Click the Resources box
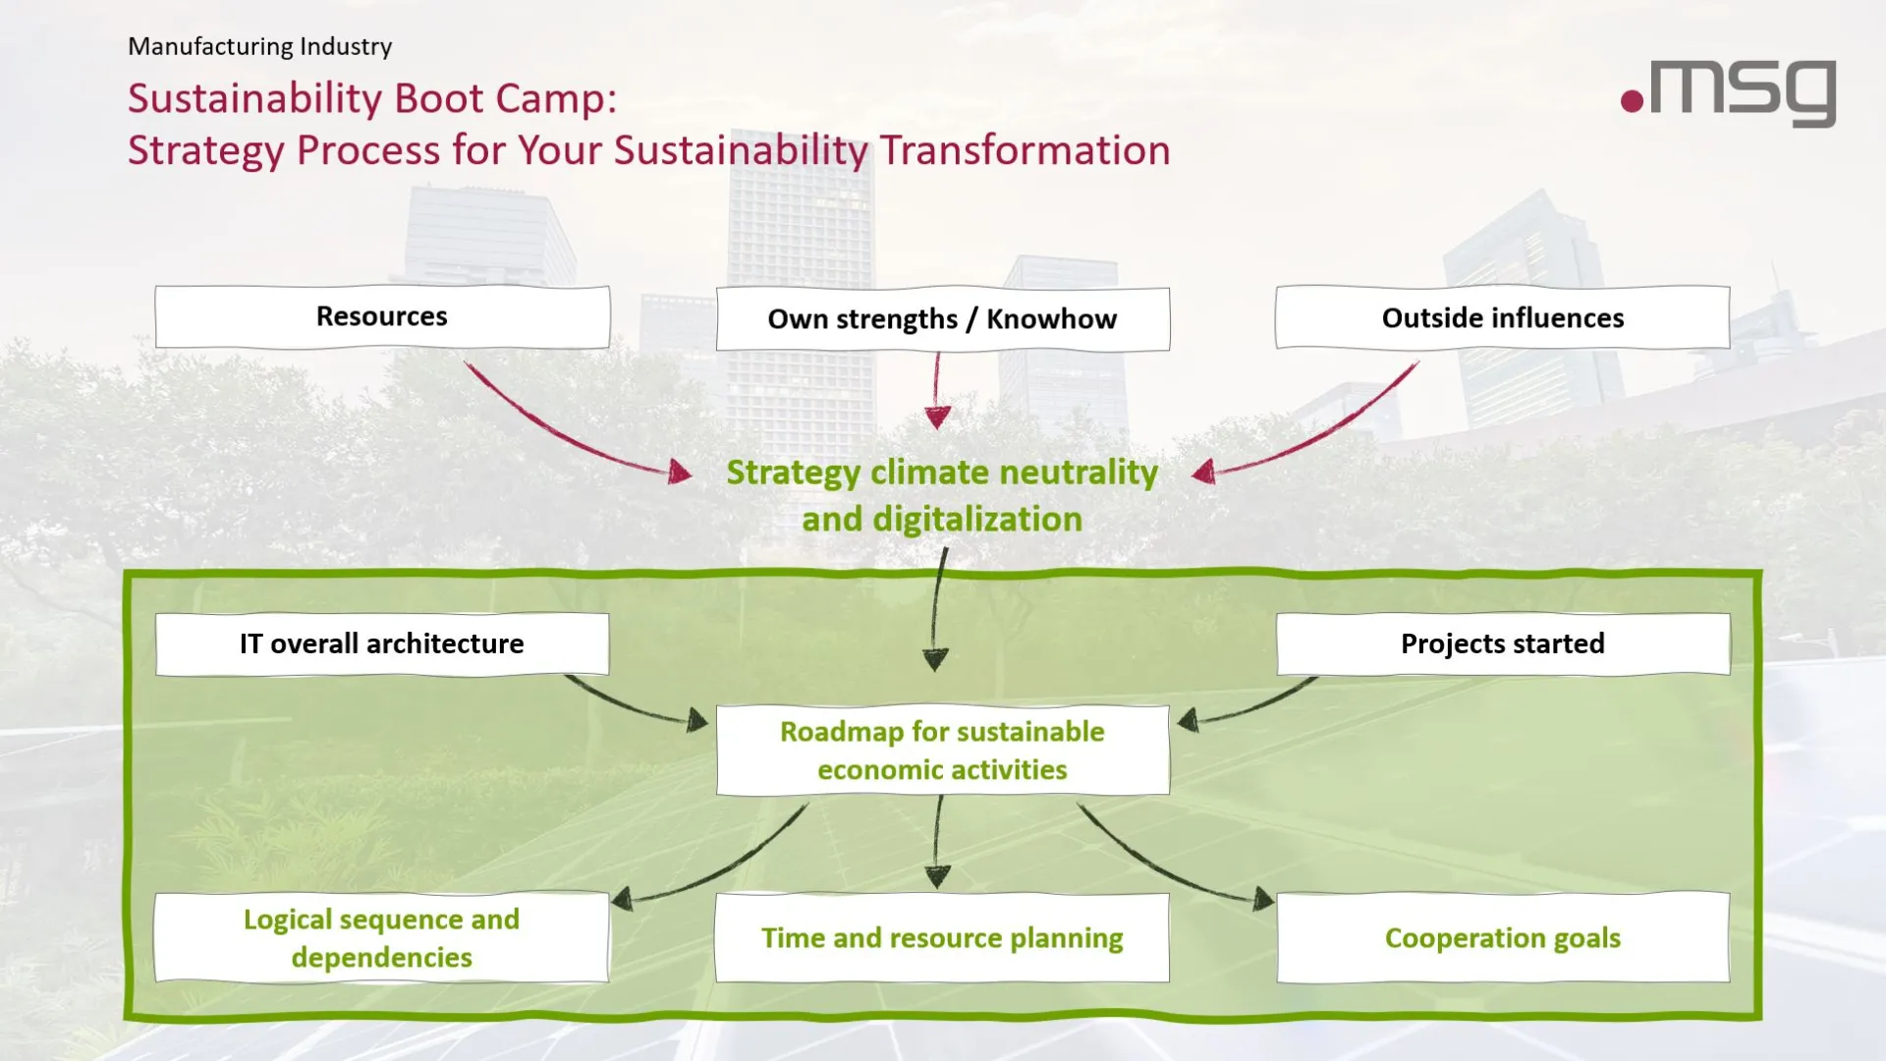click(382, 316)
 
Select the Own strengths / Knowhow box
click(942, 319)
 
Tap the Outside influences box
click(1502, 317)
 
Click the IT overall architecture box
click(382, 643)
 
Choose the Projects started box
click(1502, 643)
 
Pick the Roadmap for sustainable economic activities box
click(942, 751)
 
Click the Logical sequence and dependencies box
click(382, 937)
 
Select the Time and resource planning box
click(942, 937)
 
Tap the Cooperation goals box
click(1502, 937)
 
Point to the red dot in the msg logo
click(1632, 100)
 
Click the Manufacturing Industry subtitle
click(259, 46)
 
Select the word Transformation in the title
click(1025, 150)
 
